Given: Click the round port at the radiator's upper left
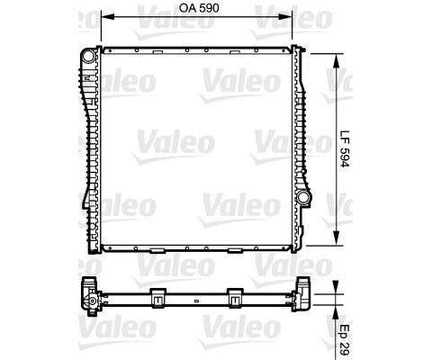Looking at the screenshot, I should coord(88,57).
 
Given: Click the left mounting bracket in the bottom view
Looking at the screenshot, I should coord(158,296).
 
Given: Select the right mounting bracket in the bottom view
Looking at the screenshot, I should coord(237,296).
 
